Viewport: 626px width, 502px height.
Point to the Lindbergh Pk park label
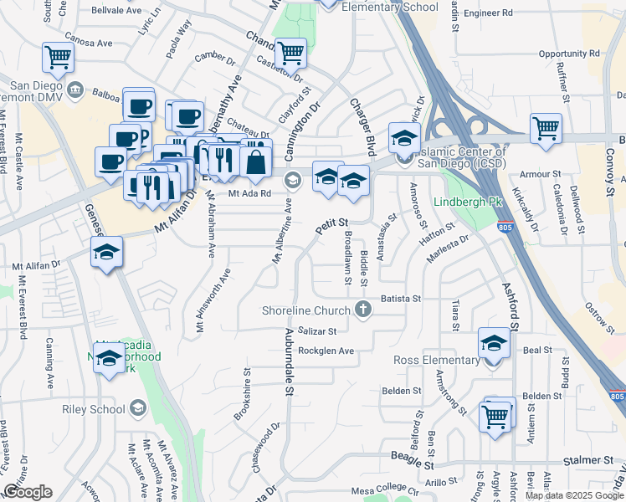click(x=466, y=202)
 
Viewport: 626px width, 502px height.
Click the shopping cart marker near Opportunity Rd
click(x=546, y=128)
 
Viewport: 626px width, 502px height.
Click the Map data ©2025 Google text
click(x=573, y=495)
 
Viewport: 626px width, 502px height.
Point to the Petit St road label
click(x=331, y=225)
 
